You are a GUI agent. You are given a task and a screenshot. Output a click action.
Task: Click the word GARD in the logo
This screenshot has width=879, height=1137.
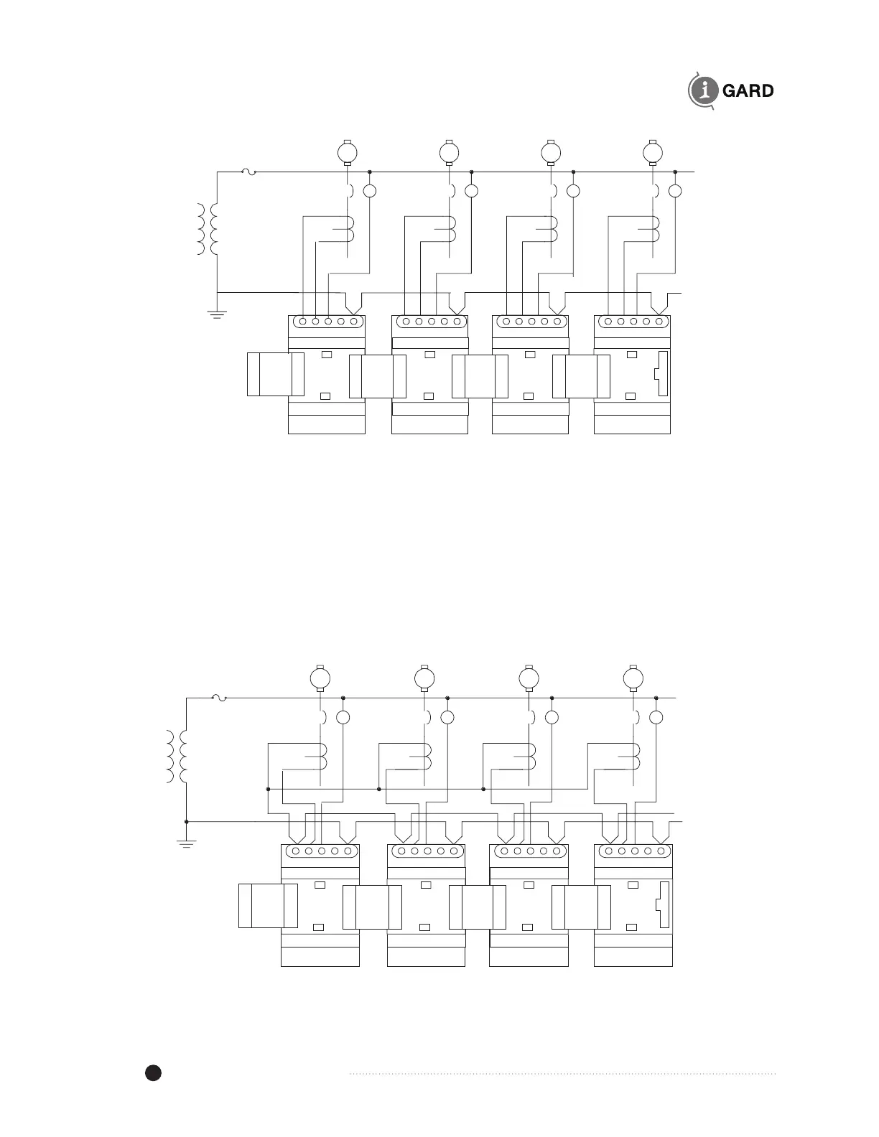point(748,91)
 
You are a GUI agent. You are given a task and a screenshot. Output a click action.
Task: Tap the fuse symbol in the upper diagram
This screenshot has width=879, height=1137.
point(248,172)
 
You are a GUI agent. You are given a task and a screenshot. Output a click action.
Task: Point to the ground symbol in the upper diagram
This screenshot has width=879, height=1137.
point(217,313)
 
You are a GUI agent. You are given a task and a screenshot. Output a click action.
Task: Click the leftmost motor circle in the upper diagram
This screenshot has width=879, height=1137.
point(347,152)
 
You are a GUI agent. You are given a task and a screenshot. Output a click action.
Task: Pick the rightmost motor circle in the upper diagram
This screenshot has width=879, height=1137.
point(653,152)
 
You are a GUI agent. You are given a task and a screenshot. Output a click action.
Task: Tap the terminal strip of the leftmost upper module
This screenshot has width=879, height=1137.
point(327,322)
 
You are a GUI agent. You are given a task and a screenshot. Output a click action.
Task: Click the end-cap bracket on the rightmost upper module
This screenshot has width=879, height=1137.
point(661,374)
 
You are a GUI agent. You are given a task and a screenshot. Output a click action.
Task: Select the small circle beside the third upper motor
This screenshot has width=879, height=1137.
point(573,192)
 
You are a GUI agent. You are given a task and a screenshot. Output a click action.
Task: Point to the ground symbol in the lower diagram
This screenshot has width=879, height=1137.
point(187,844)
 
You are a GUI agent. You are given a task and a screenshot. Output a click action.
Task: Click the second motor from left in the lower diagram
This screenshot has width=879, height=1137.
point(423,677)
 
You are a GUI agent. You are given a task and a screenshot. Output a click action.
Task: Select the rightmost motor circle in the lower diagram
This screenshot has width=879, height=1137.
point(633,677)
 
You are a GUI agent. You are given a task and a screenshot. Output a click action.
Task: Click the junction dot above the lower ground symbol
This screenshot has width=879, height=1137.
point(187,821)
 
